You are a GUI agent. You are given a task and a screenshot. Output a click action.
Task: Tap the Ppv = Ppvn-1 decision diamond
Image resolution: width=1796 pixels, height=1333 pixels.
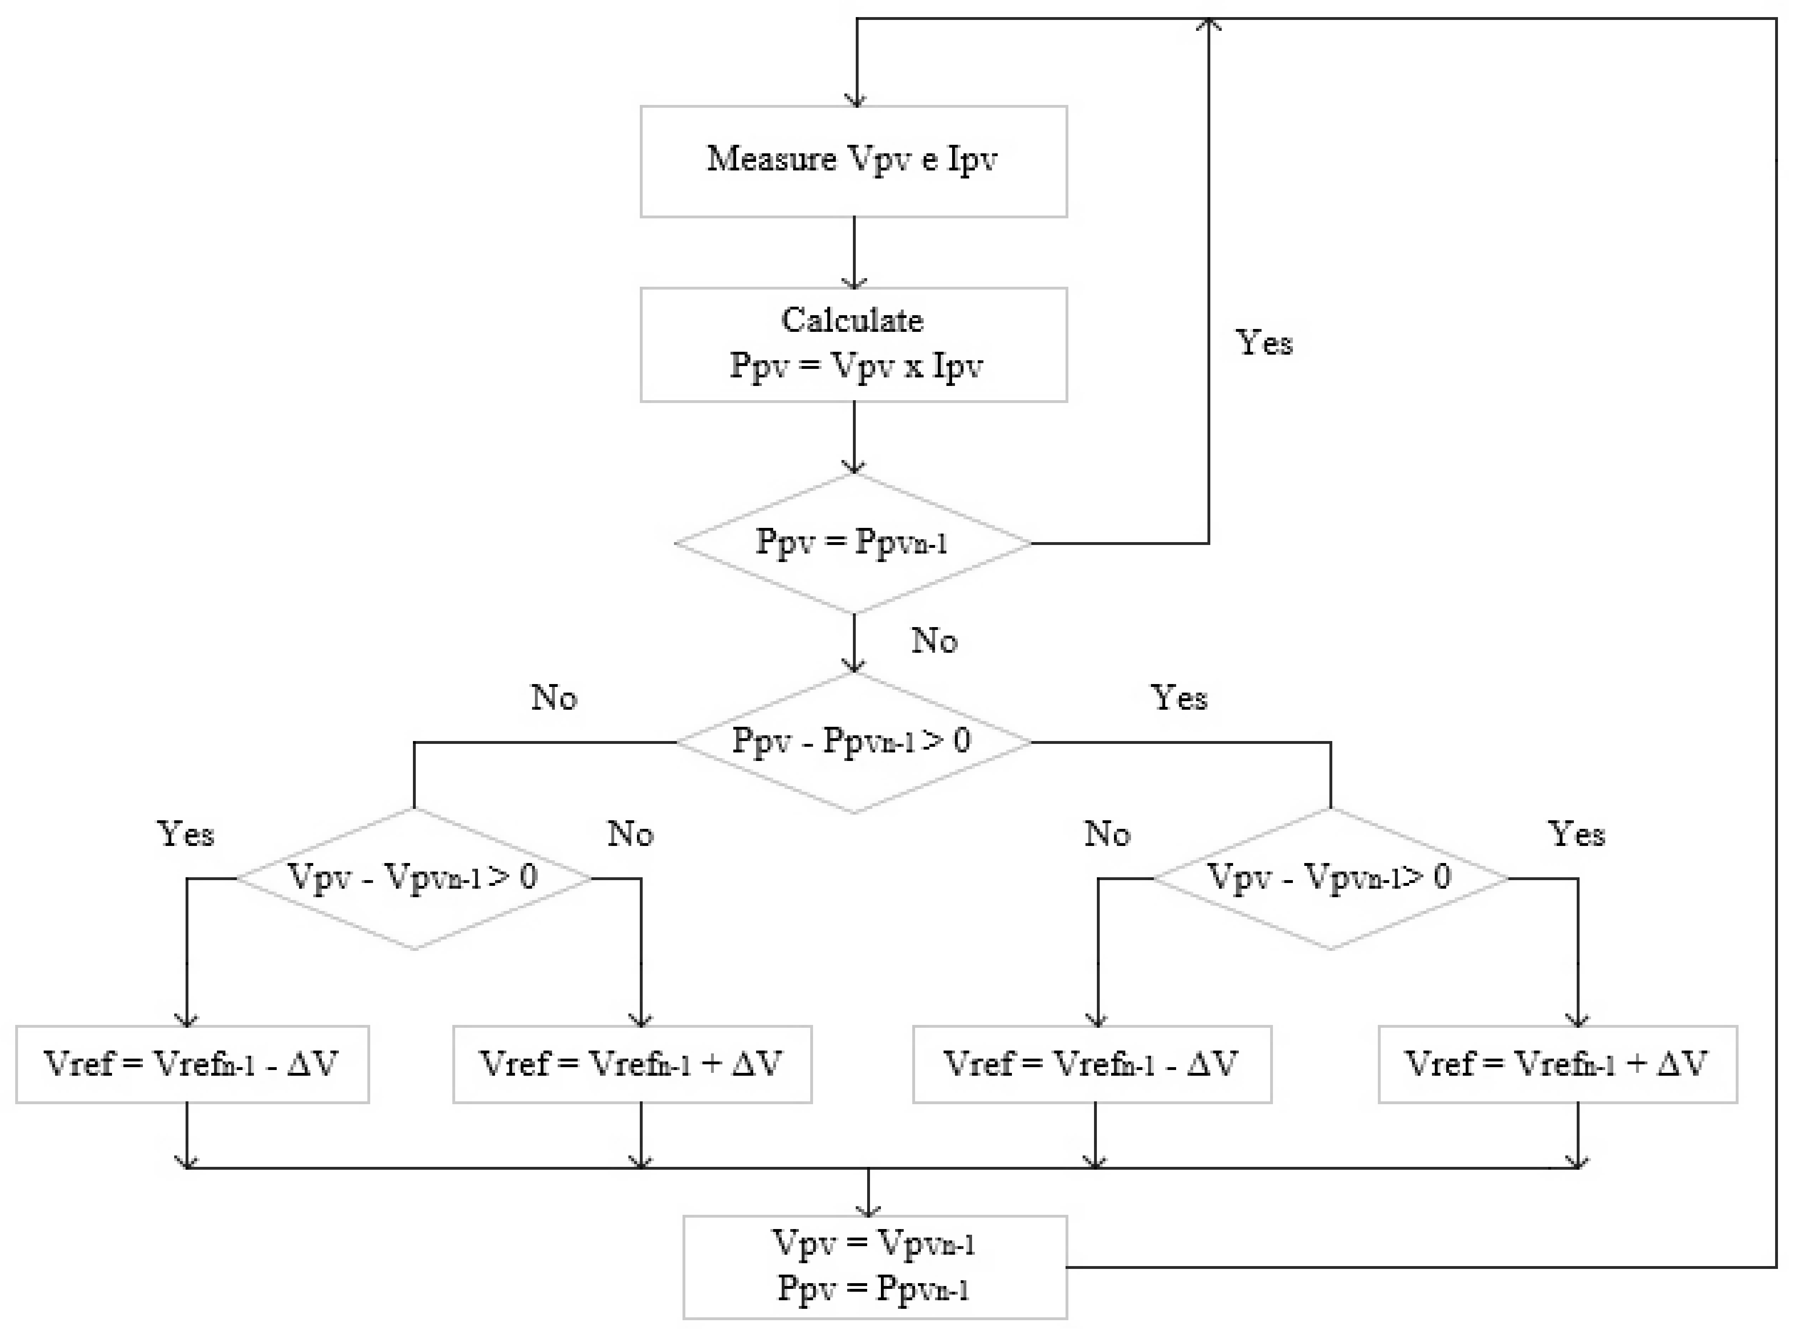click(x=853, y=542)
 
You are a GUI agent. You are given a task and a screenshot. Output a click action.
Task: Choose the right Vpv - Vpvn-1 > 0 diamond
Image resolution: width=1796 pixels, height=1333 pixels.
click(x=1329, y=878)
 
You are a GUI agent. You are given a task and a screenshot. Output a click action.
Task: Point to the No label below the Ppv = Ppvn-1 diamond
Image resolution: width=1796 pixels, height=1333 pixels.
click(x=934, y=641)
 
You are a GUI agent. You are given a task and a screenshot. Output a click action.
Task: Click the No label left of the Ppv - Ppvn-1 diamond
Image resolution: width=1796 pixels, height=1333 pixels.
click(x=553, y=698)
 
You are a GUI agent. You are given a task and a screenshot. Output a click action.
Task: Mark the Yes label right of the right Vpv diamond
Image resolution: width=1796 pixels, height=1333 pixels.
click(x=1576, y=835)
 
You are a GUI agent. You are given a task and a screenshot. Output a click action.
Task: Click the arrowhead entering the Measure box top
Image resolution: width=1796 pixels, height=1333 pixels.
click(x=856, y=100)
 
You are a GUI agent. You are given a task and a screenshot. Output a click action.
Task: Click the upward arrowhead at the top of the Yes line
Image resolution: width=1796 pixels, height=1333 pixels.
click(x=1208, y=24)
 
